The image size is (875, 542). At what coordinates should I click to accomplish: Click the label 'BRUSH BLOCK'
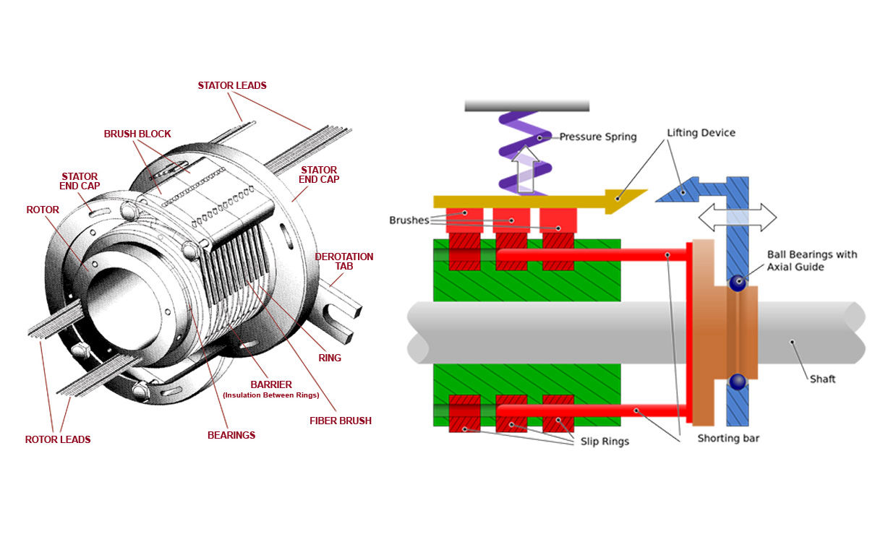point(137,134)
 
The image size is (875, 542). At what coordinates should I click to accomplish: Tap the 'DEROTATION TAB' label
point(344,261)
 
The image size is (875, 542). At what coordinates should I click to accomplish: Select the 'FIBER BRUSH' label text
point(339,420)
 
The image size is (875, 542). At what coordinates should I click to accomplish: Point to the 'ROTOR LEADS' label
point(58,439)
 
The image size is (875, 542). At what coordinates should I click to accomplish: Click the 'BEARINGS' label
point(231,435)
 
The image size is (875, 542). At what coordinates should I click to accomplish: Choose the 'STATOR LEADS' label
point(232,85)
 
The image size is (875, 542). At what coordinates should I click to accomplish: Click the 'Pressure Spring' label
point(598,137)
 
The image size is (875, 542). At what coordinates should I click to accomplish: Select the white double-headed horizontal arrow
point(738,216)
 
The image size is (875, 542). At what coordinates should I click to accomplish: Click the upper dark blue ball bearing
point(737,283)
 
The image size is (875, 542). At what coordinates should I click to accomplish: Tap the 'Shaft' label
point(822,379)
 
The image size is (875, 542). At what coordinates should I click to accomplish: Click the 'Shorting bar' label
point(728,439)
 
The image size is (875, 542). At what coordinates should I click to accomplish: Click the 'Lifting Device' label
point(701,133)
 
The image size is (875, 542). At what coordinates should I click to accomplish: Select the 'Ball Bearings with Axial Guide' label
point(812,260)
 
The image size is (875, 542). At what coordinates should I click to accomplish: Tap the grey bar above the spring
point(526,106)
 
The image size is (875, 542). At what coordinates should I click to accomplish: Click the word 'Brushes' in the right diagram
point(409,220)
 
